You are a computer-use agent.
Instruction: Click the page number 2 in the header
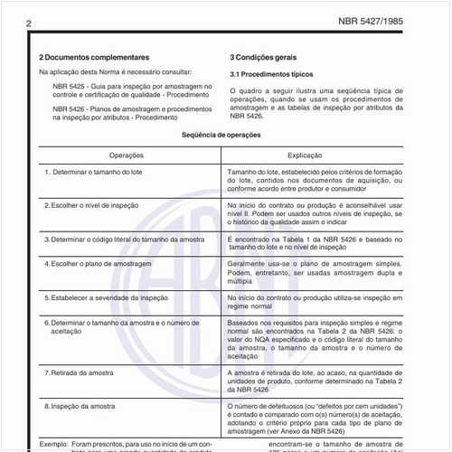tap(30, 19)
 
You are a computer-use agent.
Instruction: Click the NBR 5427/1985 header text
tap(388, 19)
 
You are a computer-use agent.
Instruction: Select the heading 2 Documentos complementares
tap(94, 56)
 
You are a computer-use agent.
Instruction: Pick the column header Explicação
tap(324, 155)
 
